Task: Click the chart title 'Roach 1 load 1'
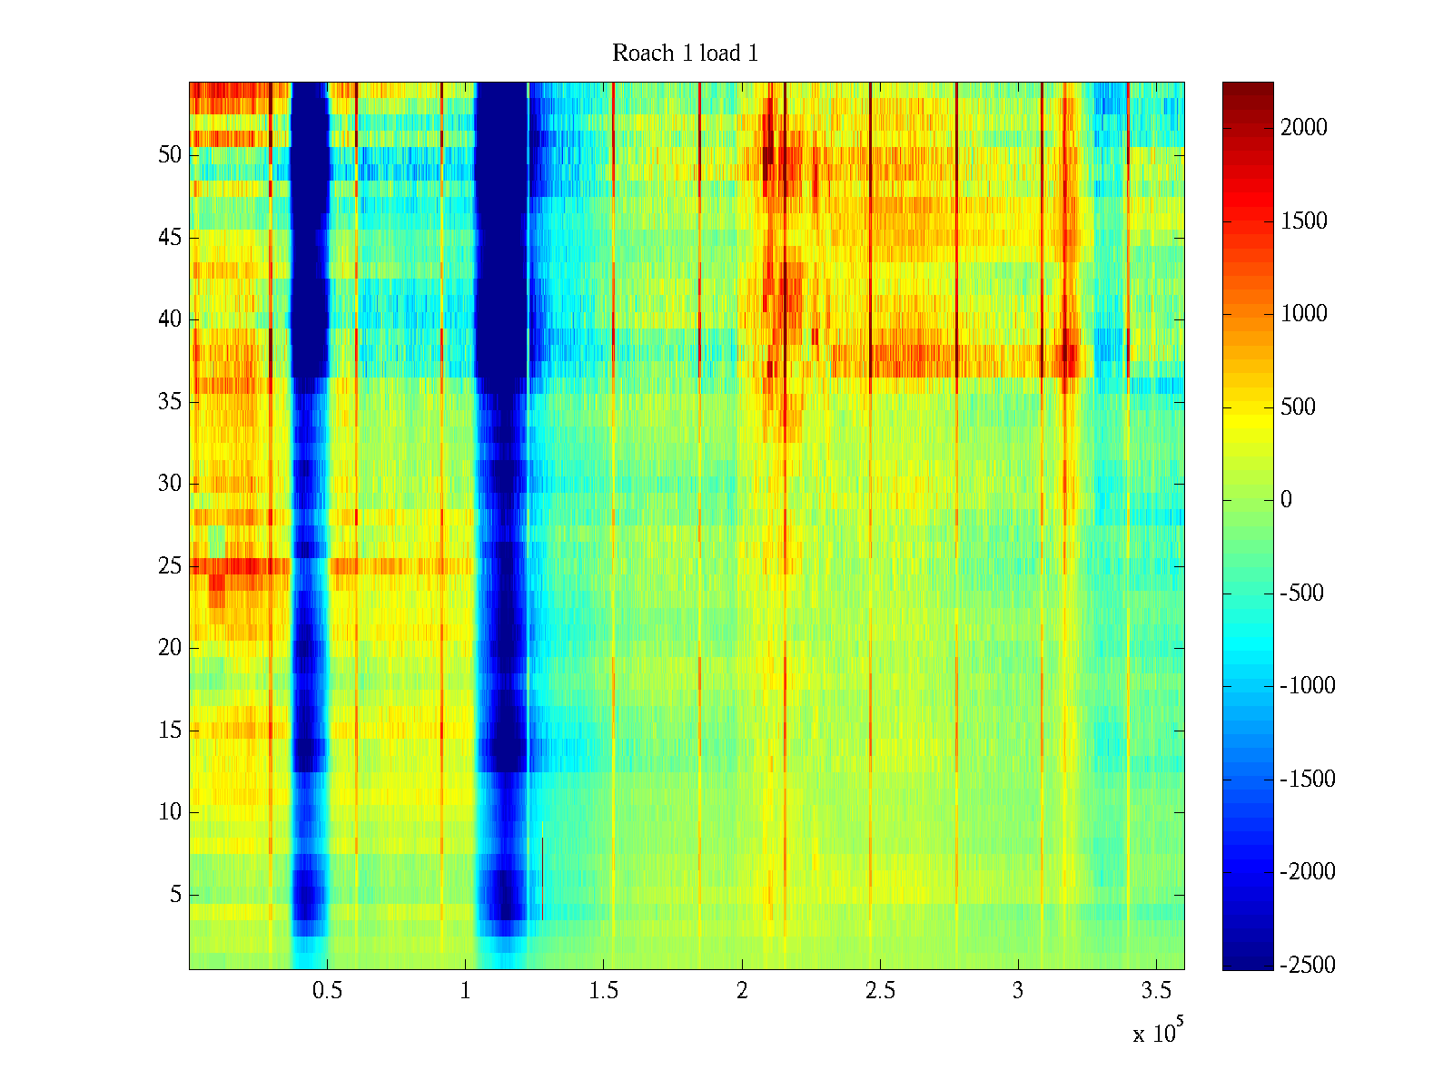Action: coord(685,54)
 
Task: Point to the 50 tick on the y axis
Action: coord(170,155)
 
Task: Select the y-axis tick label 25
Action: coord(170,566)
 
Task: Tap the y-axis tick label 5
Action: coord(175,895)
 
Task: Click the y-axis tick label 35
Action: coord(170,401)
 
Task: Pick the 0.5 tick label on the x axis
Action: coord(327,990)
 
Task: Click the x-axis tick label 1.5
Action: coord(604,990)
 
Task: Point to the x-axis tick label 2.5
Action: coord(880,990)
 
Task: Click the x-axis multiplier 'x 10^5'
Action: coord(1157,1032)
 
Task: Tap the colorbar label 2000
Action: coord(1303,128)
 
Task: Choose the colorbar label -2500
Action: coord(1307,965)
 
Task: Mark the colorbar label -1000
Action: coord(1307,686)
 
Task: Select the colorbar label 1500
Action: coord(1303,221)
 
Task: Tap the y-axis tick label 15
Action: coord(170,731)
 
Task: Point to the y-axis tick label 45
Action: coord(170,238)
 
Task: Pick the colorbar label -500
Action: coord(1302,594)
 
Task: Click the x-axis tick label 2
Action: coord(742,990)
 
